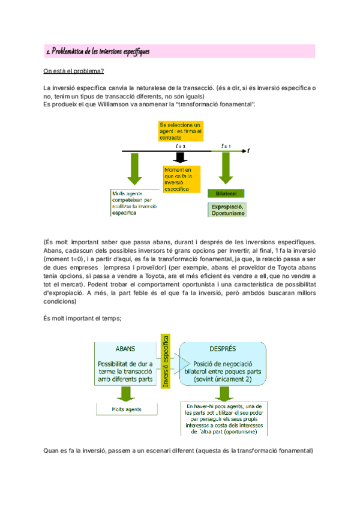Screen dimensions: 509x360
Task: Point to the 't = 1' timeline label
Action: tap(226, 146)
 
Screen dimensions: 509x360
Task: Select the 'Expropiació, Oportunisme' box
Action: tap(227, 209)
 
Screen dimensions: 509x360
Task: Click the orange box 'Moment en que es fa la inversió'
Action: tap(178, 179)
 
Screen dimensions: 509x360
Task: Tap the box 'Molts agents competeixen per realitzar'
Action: tap(135, 203)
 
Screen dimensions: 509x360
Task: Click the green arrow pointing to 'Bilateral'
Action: tap(226, 169)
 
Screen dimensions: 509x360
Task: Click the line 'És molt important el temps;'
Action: tap(83, 318)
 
